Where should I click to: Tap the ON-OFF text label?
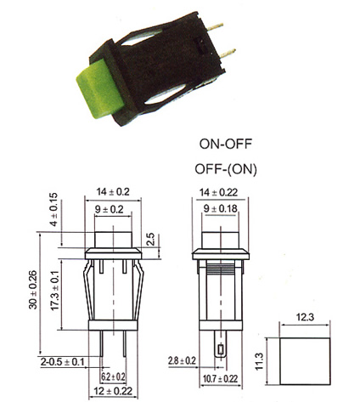pyautogui.click(x=226, y=144)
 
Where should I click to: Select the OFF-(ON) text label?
pyautogui.click(x=226, y=169)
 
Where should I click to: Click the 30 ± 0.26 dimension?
pyautogui.click(x=33, y=290)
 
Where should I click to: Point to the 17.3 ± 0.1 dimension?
pyautogui.click(x=55, y=291)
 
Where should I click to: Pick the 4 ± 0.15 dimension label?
pyautogui.click(x=53, y=209)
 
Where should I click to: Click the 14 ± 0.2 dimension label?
pyautogui.click(x=113, y=192)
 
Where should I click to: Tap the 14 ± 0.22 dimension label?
pyautogui.click(x=218, y=192)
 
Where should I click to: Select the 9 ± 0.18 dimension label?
pyautogui.click(x=221, y=209)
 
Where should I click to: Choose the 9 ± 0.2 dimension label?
pyautogui.click(x=110, y=209)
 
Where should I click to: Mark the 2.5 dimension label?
pyautogui.click(x=151, y=239)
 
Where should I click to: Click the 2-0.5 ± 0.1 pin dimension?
pyautogui.click(x=63, y=362)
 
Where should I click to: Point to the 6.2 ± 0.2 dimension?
pyautogui.click(x=113, y=377)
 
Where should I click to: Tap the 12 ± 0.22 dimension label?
pyautogui.click(x=113, y=391)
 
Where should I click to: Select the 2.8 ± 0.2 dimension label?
pyautogui.click(x=182, y=361)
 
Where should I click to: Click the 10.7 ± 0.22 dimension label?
pyautogui.click(x=221, y=379)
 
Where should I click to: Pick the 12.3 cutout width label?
pyautogui.click(x=305, y=317)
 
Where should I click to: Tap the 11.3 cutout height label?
pyautogui.click(x=259, y=361)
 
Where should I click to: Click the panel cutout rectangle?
pyautogui.click(x=305, y=338)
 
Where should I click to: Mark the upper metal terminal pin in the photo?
pyautogui.click(x=215, y=27)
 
